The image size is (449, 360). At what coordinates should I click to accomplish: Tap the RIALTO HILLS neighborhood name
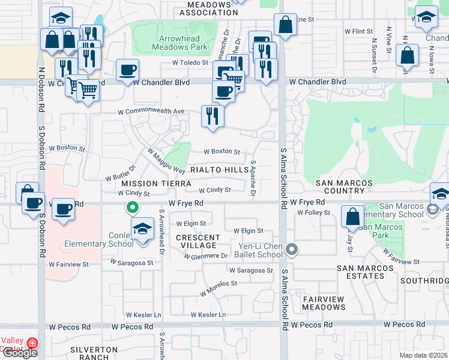[219, 170]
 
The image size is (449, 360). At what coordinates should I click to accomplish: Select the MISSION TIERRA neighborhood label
[148, 183]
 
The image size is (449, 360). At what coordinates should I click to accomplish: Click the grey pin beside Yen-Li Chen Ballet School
[292, 248]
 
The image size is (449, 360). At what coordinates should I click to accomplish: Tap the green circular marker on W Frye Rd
[133, 208]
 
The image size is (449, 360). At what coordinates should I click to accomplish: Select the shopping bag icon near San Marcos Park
[352, 216]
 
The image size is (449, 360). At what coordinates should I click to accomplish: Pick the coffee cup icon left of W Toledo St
[127, 70]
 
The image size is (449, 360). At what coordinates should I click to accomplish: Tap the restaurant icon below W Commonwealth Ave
[212, 115]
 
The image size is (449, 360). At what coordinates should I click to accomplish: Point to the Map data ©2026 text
[423, 355]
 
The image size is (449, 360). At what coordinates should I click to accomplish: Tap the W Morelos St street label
[219, 283]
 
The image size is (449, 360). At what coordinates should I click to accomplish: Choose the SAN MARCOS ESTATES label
[360, 272]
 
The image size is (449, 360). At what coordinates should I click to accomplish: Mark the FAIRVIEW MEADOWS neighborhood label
[324, 303]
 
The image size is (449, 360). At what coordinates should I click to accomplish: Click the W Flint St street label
[358, 31]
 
